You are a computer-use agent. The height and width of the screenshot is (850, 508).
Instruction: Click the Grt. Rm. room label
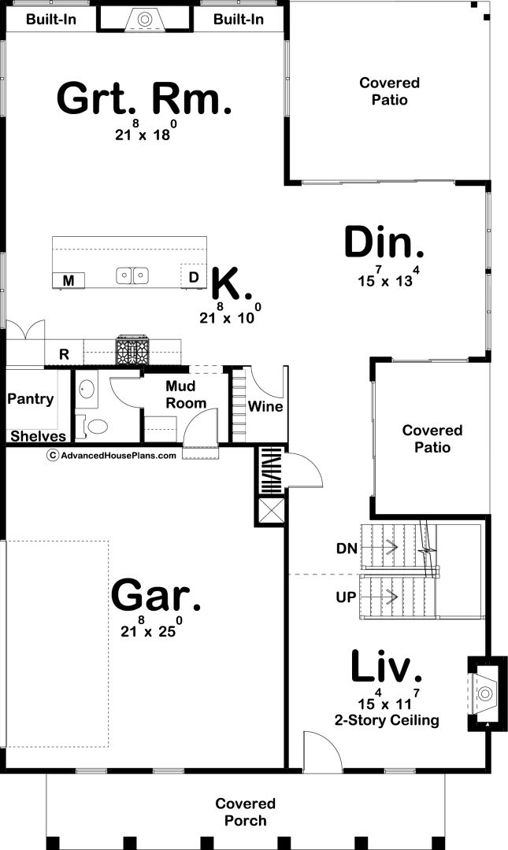144,98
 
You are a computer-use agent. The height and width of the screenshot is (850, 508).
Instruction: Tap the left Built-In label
51,20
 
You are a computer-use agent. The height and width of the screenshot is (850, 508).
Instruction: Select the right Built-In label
239,20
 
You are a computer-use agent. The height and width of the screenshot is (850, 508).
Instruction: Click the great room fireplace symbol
144,20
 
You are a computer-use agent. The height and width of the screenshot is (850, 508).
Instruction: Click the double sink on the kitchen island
132,276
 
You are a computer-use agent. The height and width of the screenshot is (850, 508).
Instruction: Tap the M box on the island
69,280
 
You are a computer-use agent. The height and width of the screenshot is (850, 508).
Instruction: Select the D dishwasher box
193,276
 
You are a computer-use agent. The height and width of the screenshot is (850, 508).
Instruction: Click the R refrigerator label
64,354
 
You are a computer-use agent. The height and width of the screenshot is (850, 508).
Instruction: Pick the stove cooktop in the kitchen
132,351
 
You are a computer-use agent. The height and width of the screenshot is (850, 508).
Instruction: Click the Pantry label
31,400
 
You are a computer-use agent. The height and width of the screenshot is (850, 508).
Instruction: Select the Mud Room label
186,394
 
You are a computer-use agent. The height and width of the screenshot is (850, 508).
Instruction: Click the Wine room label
265,407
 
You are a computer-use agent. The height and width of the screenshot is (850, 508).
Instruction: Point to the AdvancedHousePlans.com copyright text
112,456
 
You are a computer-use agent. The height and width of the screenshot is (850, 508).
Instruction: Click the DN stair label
347,549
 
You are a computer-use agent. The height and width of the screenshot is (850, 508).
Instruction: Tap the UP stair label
346,597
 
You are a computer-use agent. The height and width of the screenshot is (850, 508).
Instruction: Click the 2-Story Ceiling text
387,720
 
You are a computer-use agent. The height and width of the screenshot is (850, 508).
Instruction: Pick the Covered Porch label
245,812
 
